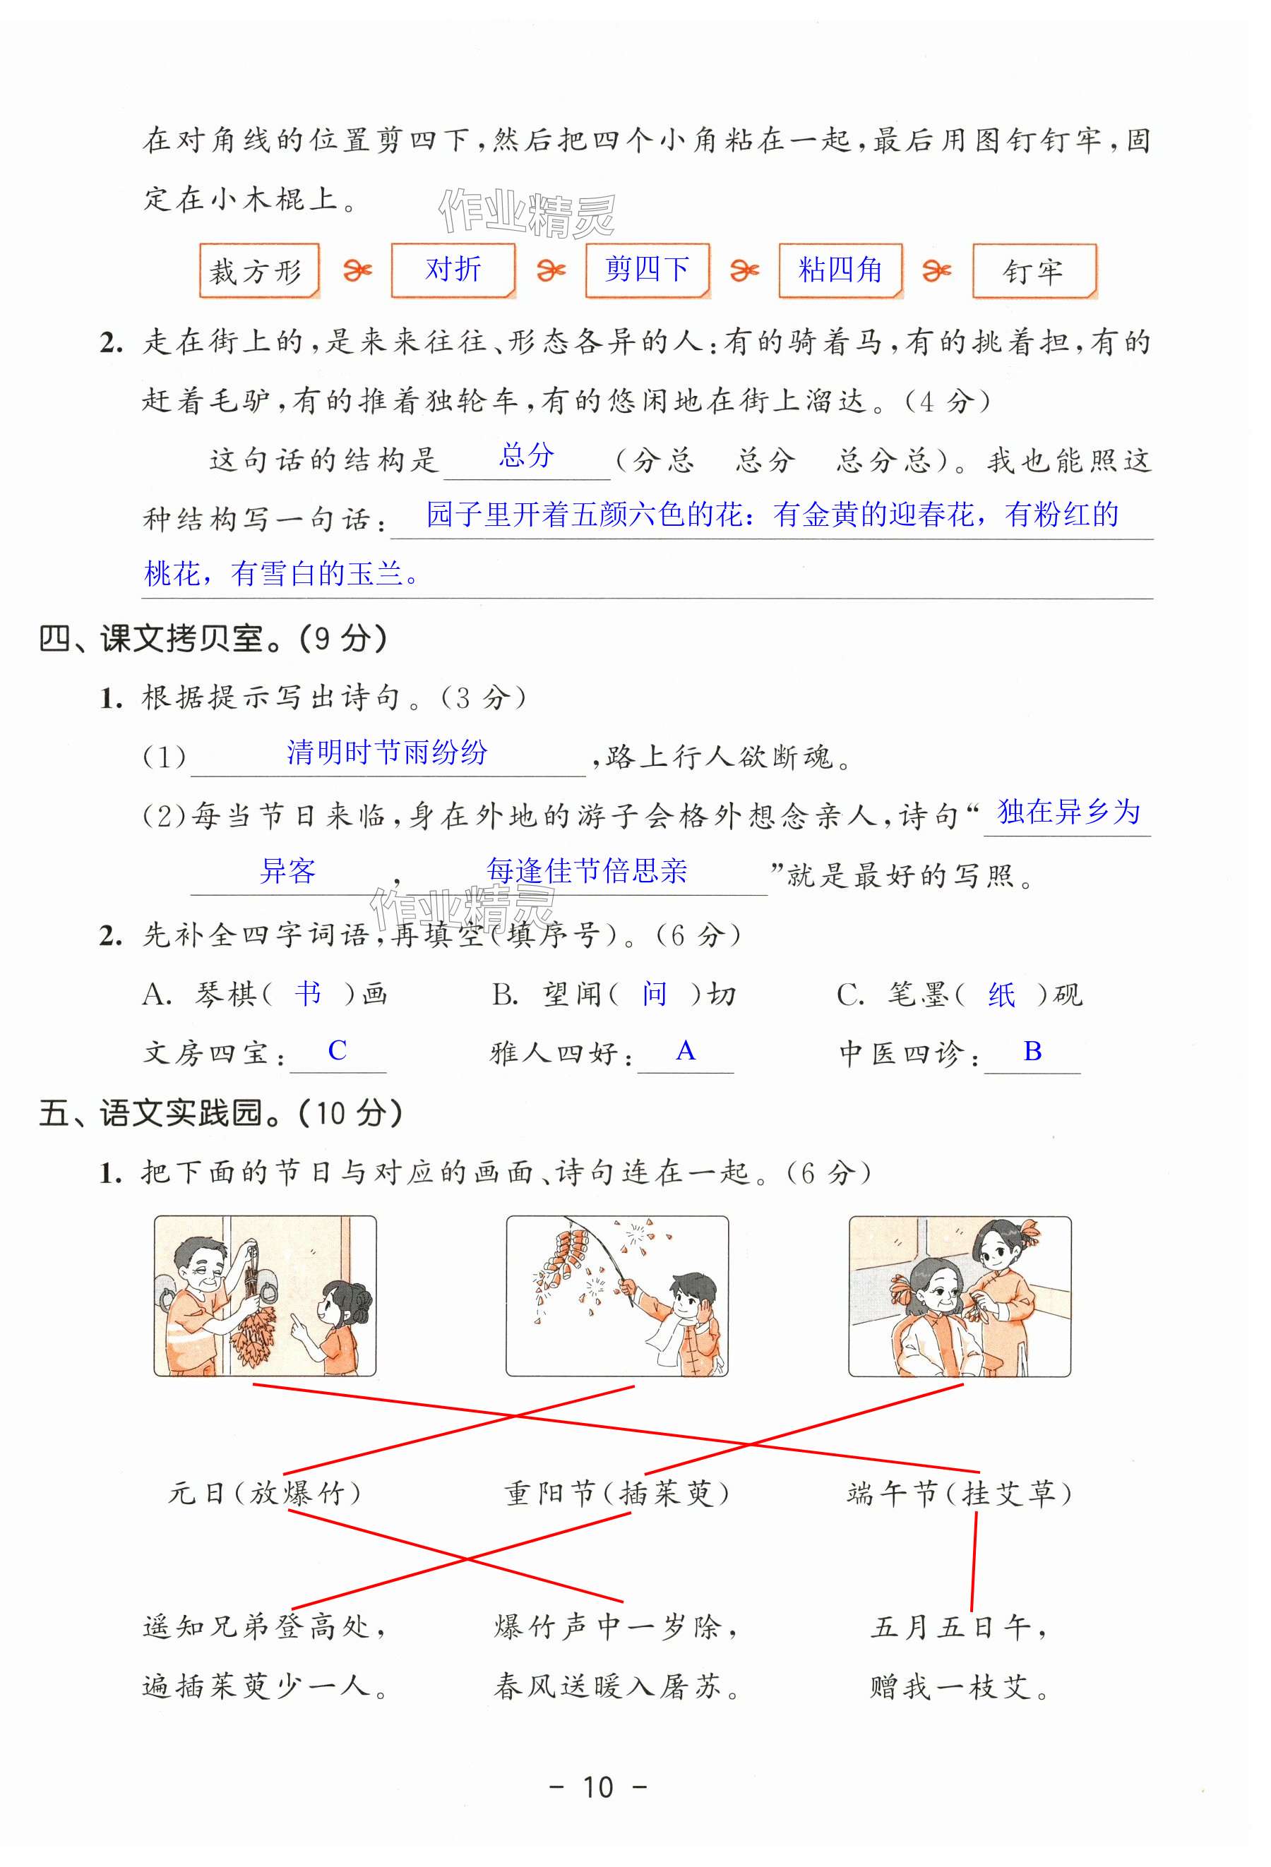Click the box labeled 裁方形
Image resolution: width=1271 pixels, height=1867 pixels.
point(258,271)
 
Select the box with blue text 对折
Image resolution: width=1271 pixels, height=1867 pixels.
point(453,271)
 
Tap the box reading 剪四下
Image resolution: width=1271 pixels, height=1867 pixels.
point(648,271)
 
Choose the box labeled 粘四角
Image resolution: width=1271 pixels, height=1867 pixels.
point(840,271)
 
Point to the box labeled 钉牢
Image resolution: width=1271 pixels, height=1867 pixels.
point(1034,271)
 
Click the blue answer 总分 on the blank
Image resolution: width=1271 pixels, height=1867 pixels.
point(527,455)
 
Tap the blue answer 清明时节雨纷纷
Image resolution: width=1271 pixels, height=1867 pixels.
point(387,752)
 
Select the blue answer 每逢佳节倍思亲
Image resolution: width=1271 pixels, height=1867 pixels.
point(587,871)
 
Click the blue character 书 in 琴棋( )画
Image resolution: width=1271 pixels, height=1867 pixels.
point(308,994)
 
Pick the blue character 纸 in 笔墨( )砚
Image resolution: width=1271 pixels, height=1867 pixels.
point(1002,995)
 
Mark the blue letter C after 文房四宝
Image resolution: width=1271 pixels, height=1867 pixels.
point(338,1051)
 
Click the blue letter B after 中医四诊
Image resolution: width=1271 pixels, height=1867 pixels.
point(1032,1051)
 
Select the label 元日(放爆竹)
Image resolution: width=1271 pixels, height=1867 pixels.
point(264,1494)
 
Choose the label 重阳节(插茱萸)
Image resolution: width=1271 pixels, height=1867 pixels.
point(616,1494)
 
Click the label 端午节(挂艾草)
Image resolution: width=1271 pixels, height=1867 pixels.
point(960,1494)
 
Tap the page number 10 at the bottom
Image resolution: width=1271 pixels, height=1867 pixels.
point(598,1787)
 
